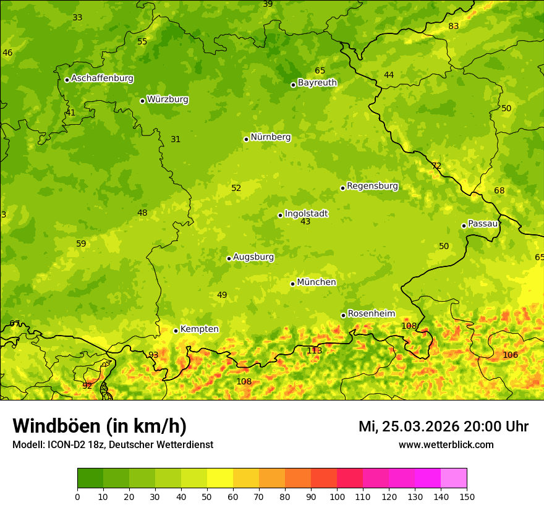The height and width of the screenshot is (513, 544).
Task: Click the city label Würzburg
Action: pos(168,100)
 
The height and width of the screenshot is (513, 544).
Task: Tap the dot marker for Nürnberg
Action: pos(246,139)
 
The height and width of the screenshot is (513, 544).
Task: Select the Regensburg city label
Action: pos(372,186)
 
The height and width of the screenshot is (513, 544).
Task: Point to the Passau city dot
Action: pos(464,226)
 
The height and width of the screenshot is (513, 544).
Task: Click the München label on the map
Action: pos(317,282)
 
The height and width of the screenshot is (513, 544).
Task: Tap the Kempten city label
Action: pos(199,329)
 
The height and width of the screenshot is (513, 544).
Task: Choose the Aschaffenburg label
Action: pos(102,78)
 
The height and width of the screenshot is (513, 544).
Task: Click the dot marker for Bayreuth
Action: pos(293,85)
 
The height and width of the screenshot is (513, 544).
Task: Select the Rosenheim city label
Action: pos(371,314)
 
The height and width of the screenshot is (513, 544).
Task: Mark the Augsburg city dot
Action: pos(229,258)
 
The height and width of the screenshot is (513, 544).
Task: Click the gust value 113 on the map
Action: pos(314,351)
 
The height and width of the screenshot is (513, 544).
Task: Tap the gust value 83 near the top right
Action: pos(454,26)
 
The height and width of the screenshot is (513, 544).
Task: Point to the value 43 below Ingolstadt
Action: pos(305,221)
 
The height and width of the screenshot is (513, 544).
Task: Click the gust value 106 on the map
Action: pos(510,355)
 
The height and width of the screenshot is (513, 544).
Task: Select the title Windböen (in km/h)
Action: pos(100,426)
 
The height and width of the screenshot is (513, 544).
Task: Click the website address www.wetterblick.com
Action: pos(446,444)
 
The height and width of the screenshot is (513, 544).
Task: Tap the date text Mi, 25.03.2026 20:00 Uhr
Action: pos(443,426)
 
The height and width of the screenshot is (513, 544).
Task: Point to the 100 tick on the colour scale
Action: pos(337,496)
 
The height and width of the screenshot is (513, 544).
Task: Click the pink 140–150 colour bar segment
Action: pos(454,478)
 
